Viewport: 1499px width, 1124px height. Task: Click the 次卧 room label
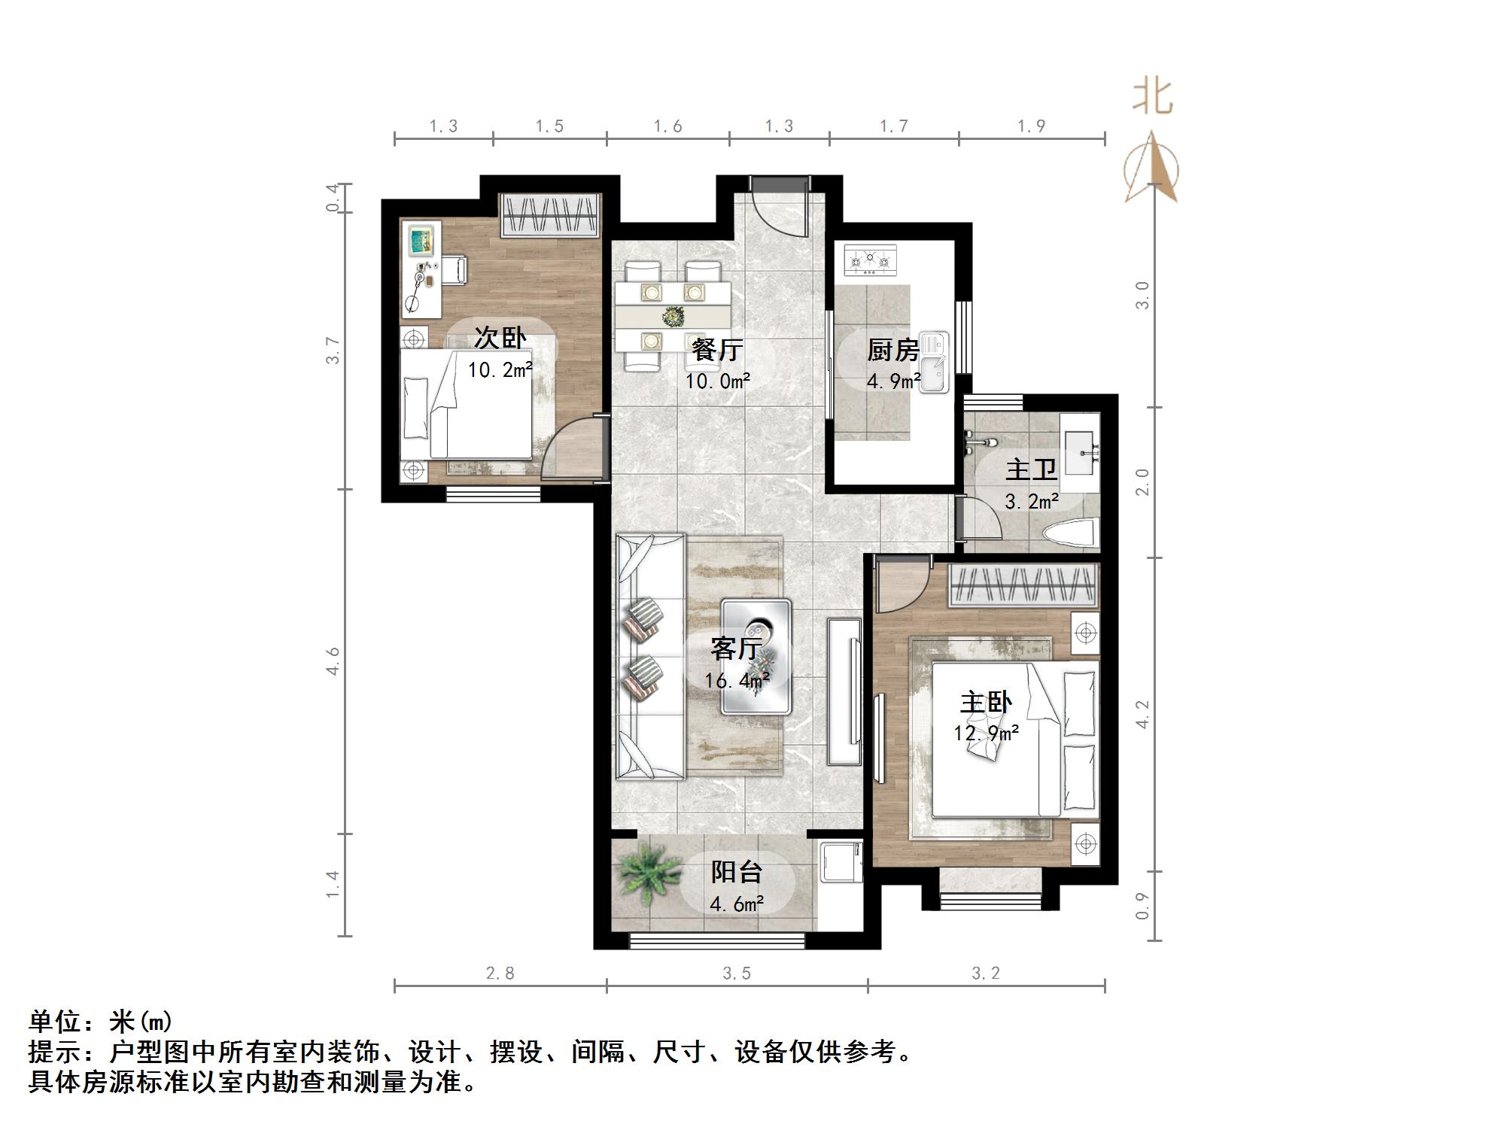pos(500,338)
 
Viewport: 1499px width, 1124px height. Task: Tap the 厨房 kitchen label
pos(892,350)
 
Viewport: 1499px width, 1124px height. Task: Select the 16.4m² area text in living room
pos(736,681)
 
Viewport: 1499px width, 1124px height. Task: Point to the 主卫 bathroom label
pos(1031,470)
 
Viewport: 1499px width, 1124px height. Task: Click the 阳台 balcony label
pos(737,872)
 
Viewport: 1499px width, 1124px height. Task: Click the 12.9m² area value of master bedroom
pos(986,733)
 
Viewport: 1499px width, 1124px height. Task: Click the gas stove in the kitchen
pos(870,260)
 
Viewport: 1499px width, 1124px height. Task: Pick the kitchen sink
pos(933,363)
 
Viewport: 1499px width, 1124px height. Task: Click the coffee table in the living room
pos(756,655)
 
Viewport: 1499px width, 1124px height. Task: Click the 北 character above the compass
pos(1153,98)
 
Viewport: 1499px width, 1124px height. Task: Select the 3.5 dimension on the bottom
pos(737,974)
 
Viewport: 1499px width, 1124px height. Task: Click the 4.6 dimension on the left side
pos(333,661)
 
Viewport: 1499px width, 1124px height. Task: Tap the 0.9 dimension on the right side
pos(1142,906)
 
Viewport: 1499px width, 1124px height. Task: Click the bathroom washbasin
pos(1081,443)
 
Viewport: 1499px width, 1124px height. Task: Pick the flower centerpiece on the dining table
pos(671,316)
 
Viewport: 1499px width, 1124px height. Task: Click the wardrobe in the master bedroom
pos(1022,585)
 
